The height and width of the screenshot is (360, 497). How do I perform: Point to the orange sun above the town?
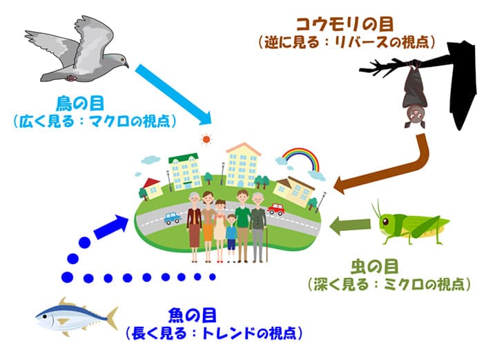pos(205,139)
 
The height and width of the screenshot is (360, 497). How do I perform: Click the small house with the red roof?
pos(151,186)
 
